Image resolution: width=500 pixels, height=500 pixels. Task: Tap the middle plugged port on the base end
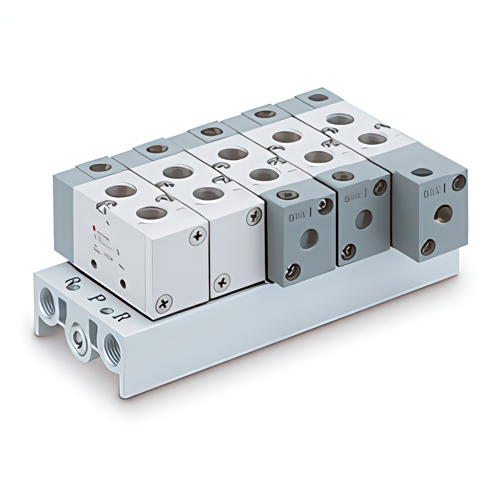tap(78, 331)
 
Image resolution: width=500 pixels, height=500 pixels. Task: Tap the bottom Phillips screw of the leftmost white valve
tap(163, 303)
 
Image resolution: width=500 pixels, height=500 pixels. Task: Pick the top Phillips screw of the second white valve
tap(254, 216)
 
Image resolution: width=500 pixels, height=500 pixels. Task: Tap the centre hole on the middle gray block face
tap(363, 219)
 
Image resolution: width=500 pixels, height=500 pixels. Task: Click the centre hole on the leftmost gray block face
tap(308, 239)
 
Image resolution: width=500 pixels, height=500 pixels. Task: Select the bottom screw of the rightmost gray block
tap(427, 246)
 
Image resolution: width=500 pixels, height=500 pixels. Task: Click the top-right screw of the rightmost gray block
tap(458, 182)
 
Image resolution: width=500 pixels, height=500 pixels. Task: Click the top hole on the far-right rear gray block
tap(318, 97)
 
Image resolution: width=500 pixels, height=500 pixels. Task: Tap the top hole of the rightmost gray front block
tap(421, 172)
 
